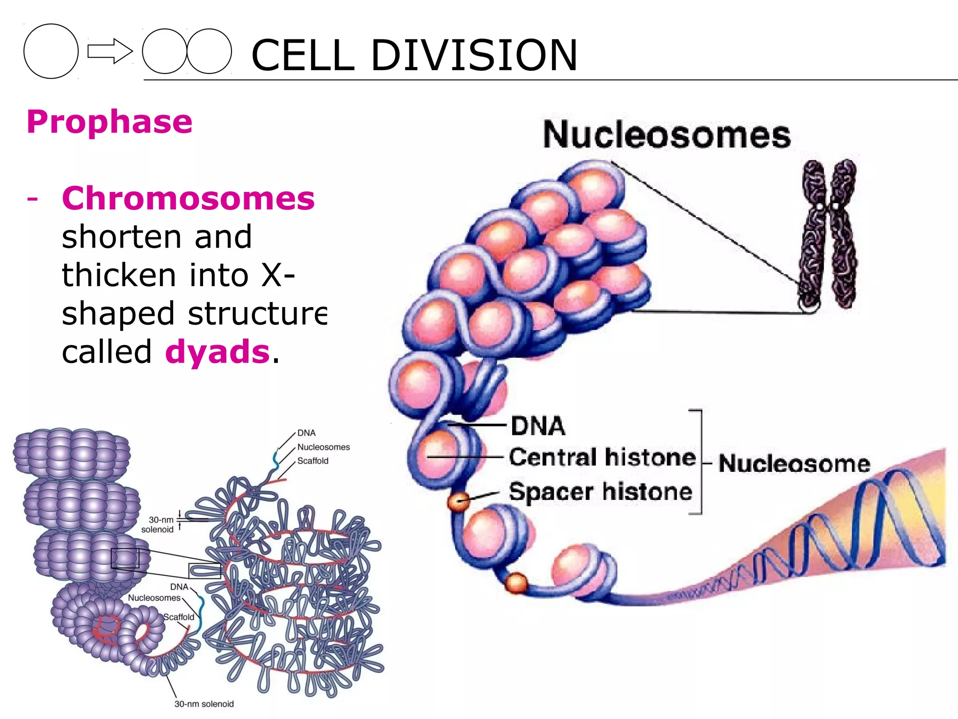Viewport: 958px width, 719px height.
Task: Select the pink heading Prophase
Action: pyautogui.click(x=109, y=122)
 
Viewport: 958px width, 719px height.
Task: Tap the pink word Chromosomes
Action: pyautogui.click(x=188, y=198)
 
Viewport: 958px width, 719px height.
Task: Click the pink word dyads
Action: pyautogui.click(x=218, y=352)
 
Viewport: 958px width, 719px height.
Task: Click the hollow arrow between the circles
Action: pyautogui.click(x=109, y=51)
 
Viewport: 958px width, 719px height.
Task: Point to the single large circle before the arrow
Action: pyautogui.click(x=51, y=51)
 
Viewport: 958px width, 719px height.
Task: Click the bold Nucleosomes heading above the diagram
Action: pyautogui.click(x=667, y=135)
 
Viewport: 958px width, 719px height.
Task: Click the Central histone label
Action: pyautogui.click(x=602, y=457)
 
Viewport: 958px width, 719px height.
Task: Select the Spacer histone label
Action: pyautogui.click(x=601, y=492)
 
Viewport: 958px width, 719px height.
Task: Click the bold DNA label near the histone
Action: pyautogui.click(x=538, y=426)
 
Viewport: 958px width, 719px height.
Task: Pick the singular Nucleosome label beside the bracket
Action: pyautogui.click(x=794, y=463)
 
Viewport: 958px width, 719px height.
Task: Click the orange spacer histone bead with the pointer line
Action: pyautogui.click(x=458, y=501)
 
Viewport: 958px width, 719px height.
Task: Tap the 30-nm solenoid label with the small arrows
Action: pyautogui.click(x=158, y=524)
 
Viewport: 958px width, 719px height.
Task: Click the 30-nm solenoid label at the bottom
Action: pyautogui.click(x=204, y=704)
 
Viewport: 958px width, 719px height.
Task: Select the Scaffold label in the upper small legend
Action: pyautogui.click(x=313, y=461)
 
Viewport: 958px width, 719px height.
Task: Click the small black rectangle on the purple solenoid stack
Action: pyautogui.click(x=125, y=558)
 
